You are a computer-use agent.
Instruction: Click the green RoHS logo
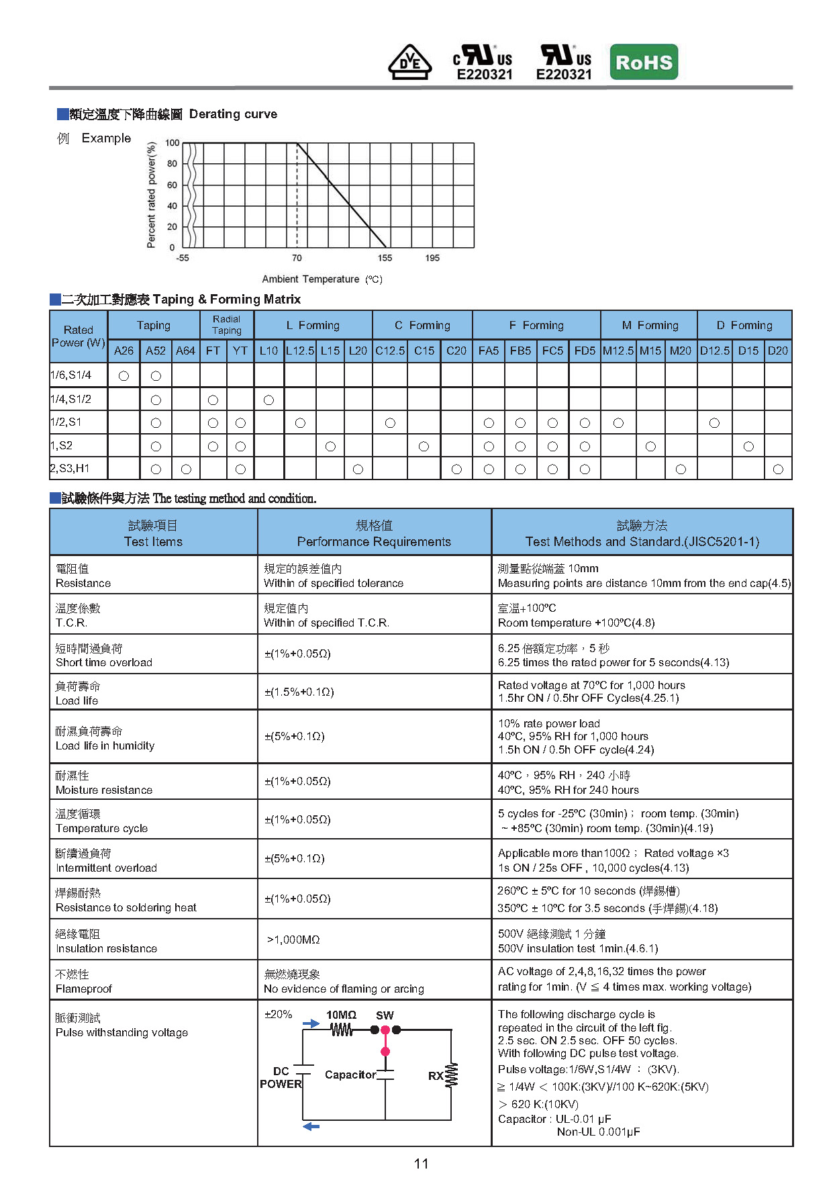click(644, 62)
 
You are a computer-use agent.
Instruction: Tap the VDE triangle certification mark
click(409, 62)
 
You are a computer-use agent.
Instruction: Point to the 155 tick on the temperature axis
click(385, 258)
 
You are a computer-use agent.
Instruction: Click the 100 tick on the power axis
click(173, 143)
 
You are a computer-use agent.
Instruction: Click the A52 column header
click(156, 351)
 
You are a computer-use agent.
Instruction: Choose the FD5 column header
click(585, 351)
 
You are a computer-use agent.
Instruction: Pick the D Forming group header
click(744, 325)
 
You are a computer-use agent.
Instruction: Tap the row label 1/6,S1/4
click(71, 375)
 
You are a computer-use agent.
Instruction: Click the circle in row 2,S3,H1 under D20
click(778, 469)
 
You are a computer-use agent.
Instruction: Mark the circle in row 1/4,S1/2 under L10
click(268, 400)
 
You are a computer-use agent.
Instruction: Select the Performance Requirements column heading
click(374, 541)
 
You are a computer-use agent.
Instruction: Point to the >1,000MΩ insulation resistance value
click(293, 940)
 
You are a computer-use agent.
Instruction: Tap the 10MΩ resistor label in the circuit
click(341, 1015)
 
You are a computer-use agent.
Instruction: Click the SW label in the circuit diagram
click(385, 1015)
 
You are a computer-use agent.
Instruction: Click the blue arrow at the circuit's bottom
click(311, 1126)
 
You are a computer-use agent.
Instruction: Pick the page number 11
click(421, 1164)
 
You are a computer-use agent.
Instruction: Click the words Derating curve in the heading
click(233, 114)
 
